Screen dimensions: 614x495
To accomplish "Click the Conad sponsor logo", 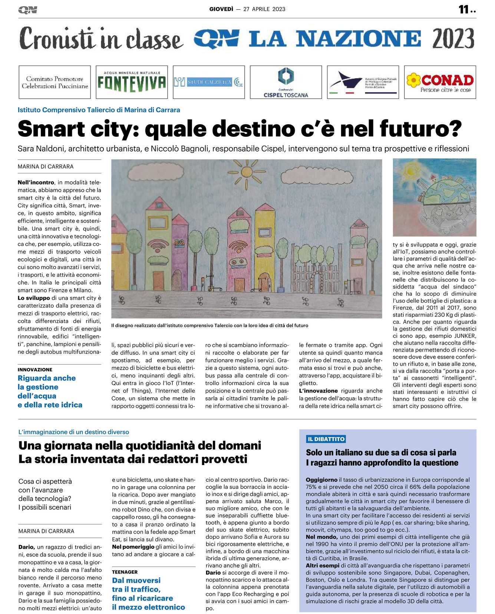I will [440, 82].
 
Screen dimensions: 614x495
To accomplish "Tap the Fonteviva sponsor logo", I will [132, 82].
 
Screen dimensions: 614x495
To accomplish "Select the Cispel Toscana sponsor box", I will [286, 82].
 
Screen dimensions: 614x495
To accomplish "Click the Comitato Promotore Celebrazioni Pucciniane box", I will [55, 82].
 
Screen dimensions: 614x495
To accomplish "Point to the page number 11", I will [464, 9].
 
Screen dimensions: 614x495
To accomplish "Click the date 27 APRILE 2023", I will [264, 9].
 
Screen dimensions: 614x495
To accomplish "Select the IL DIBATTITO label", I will [326, 439].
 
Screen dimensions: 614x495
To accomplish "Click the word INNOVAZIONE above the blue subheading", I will [35, 369].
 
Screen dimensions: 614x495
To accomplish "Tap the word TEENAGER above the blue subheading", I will [125, 572].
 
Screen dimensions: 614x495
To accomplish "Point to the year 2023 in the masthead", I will [453, 39].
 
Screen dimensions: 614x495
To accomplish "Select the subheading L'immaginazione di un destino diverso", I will [74, 432].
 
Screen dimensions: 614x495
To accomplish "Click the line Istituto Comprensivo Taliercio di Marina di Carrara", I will [99, 110].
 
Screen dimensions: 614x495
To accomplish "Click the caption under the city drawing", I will [209, 325].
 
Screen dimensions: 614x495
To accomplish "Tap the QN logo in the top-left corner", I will [27, 10].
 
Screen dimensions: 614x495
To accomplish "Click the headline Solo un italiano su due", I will [381, 452].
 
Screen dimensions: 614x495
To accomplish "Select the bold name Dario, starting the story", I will [27, 547].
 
